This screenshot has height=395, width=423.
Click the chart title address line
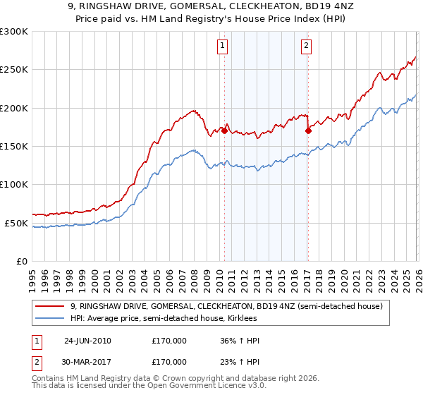[x=211, y=6]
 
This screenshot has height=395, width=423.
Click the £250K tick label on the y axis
[x=14, y=70]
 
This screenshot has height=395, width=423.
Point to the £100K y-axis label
[x=14, y=184]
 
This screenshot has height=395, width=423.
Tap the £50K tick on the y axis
[x=17, y=223]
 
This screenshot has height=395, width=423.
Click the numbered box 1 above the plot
[x=223, y=47]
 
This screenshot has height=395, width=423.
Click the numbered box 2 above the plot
[x=307, y=47]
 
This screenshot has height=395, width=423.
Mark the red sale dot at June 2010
[x=224, y=130]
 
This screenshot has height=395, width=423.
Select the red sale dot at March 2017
[x=308, y=130]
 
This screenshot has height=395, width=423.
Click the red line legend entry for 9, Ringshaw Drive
[x=226, y=306]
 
